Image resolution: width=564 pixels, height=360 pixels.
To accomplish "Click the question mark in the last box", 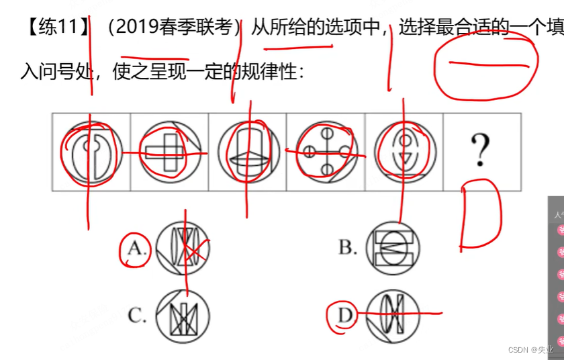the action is pyautogui.click(x=479, y=150).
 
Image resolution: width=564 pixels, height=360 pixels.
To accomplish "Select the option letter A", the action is pyautogui.click(x=136, y=249).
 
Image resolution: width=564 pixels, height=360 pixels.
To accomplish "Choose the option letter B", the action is pyautogui.click(x=347, y=248).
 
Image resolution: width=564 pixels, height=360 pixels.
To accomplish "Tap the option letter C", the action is pyautogui.click(x=137, y=316).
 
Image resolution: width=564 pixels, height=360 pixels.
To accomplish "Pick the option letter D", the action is pyautogui.click(x=346, y=314).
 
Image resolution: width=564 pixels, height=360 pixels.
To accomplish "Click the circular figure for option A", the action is pyautogui.click(x=182, y=248).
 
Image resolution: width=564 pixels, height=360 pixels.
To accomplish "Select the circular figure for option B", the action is pyautogui.click(x=393, y=247).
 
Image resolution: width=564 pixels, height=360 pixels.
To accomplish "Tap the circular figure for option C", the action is pyautogui.click(x=182, y=316).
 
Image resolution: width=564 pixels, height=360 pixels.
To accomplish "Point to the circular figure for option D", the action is pyautogui.click(x=393, y=314).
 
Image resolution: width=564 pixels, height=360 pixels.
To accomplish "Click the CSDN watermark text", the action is pyautogui.click(x=530, y=350).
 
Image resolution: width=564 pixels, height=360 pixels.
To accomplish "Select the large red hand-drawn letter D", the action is pyautogui.click(x=481, y=215).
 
